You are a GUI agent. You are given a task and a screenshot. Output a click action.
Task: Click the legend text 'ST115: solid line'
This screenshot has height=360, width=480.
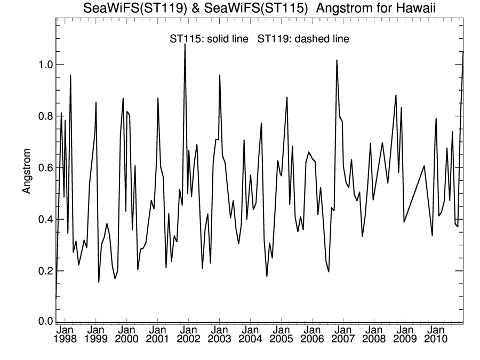pyautogui.click(x=210, y=38)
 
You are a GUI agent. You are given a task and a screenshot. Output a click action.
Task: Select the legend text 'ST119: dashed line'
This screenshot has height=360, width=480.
pyautogui.click(x=303, y=38)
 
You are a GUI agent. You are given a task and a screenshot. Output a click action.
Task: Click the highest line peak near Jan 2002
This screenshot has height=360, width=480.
pyautogui.click(x=185, y=45)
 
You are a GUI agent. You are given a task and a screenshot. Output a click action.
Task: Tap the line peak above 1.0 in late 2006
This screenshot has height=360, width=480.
pyautogui.click(x=337, y=60)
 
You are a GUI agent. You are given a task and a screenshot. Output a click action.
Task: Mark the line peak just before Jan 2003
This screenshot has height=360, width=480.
pyautogui.click(x=220, y=76)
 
